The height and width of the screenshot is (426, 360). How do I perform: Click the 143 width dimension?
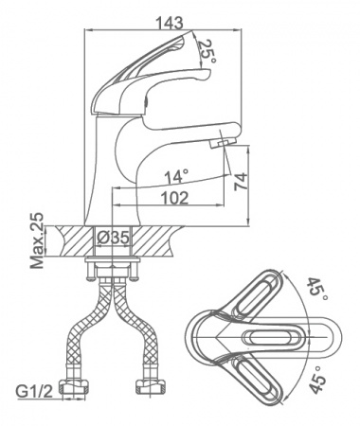pos(170,23)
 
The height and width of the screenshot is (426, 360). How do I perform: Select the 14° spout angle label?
pos(176,176)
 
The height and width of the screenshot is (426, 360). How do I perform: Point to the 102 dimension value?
pos(174,198)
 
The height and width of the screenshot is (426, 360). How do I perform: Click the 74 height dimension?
pos(241,181)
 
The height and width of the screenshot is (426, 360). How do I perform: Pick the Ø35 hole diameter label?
pos(114,238)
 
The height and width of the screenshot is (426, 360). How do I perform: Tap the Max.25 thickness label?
pos(37,240)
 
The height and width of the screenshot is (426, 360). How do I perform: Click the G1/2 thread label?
pos(34,392)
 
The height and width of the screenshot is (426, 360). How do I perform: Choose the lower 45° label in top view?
pos(317,380)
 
